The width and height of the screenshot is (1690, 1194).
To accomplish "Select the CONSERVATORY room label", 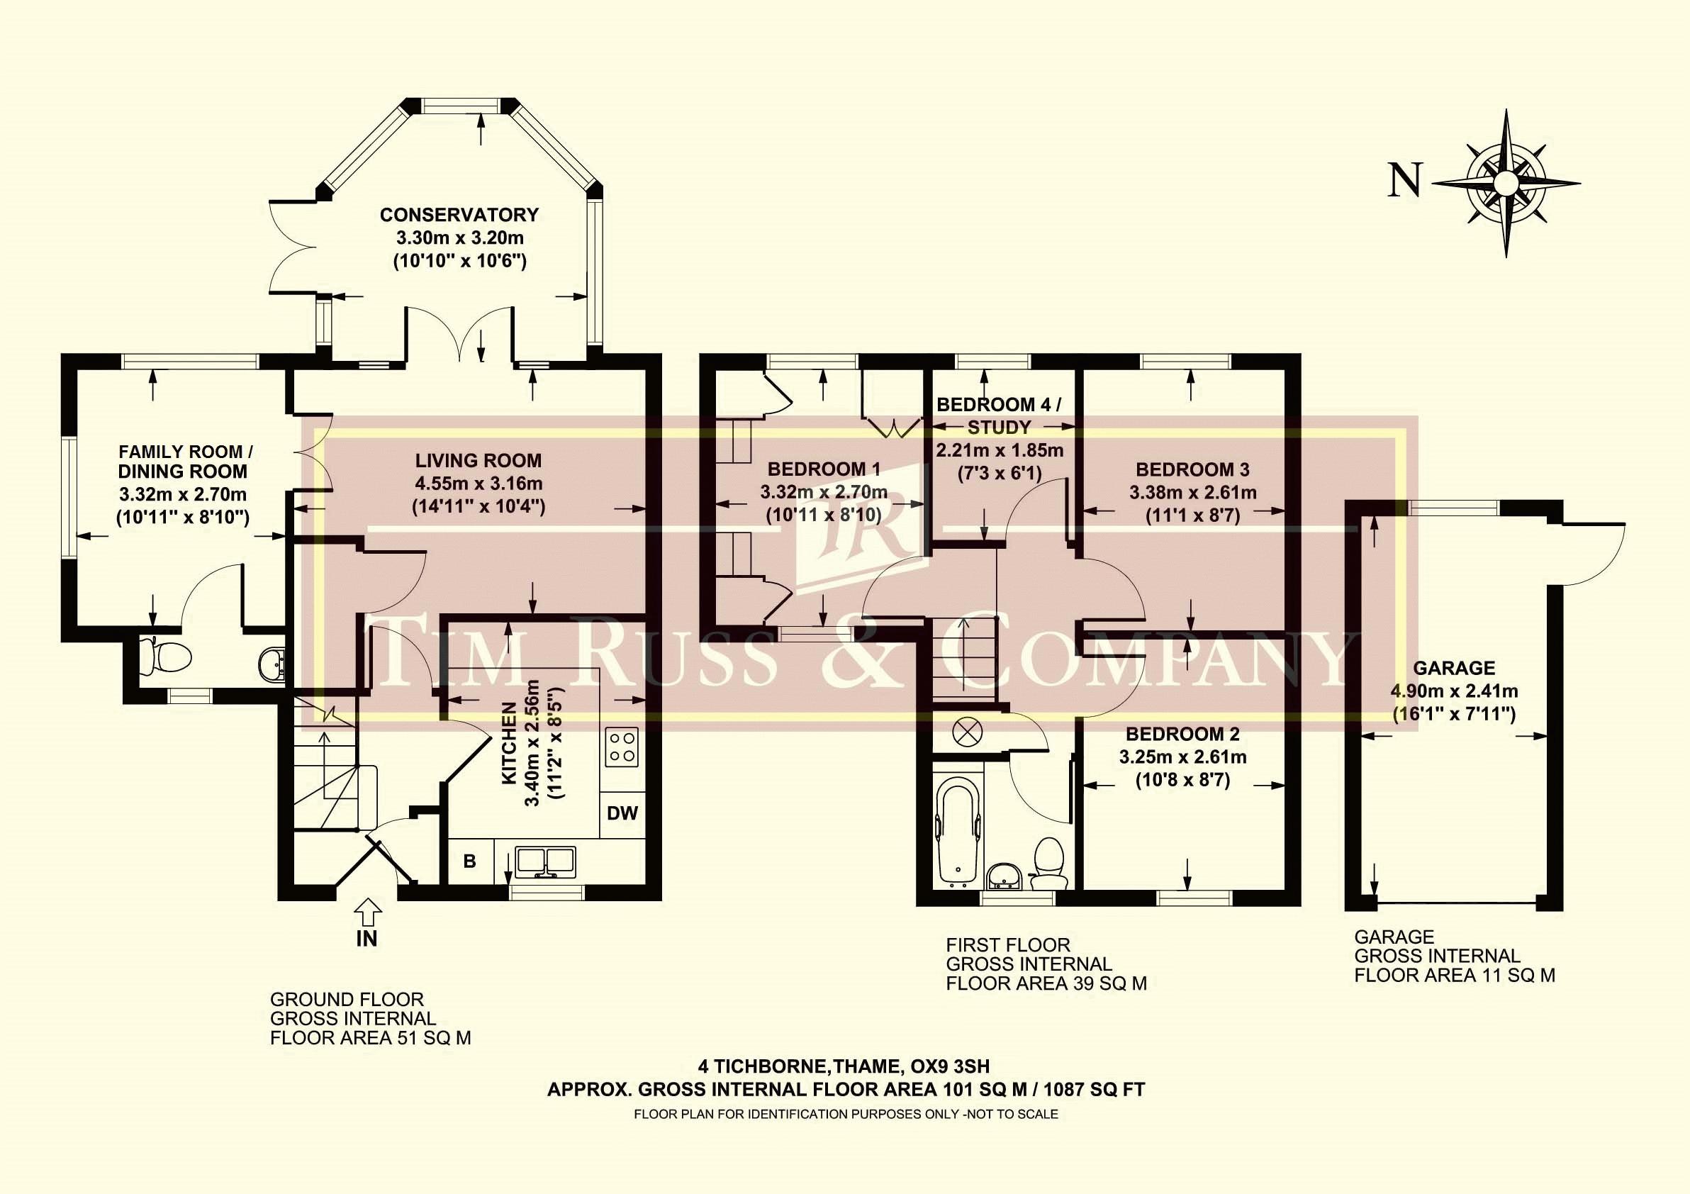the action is point(459,215).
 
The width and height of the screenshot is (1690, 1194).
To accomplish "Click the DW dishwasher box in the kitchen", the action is point(622,814).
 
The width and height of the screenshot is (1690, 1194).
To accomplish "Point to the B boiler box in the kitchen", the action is point(469,861).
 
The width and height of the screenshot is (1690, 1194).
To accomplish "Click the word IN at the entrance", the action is point(366,939).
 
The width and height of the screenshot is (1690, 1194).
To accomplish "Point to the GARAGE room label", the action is point(1454,669).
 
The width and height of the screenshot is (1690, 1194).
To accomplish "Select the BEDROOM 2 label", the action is point(1183,734).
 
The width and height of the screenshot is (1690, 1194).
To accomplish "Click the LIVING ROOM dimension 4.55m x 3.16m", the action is point(479,484).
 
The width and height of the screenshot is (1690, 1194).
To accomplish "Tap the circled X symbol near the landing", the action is point(963,732).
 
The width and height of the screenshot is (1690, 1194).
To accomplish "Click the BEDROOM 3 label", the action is point(1192,469).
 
